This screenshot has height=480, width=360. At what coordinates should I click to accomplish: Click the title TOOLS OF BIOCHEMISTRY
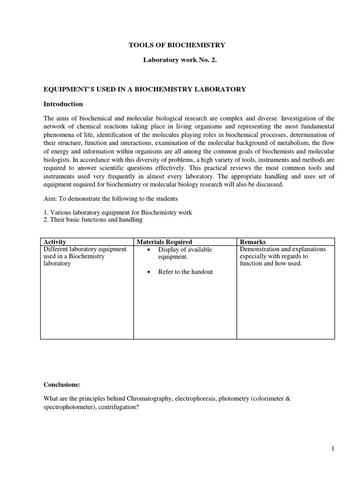coord(177,45)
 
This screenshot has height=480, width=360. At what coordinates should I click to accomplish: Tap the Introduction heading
coord(63,104)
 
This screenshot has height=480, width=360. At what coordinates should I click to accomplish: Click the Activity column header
coord(54,241)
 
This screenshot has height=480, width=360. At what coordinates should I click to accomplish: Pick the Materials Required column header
coord(164,241)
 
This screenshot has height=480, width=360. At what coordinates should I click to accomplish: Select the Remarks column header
coord(253,241)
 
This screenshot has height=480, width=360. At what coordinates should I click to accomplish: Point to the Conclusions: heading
coord(62,384)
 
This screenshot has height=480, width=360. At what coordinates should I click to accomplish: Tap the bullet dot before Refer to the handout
coord(149,272)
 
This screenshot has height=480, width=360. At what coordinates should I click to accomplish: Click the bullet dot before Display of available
coord(149,249)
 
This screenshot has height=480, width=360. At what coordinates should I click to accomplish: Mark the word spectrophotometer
coord(68,407)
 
